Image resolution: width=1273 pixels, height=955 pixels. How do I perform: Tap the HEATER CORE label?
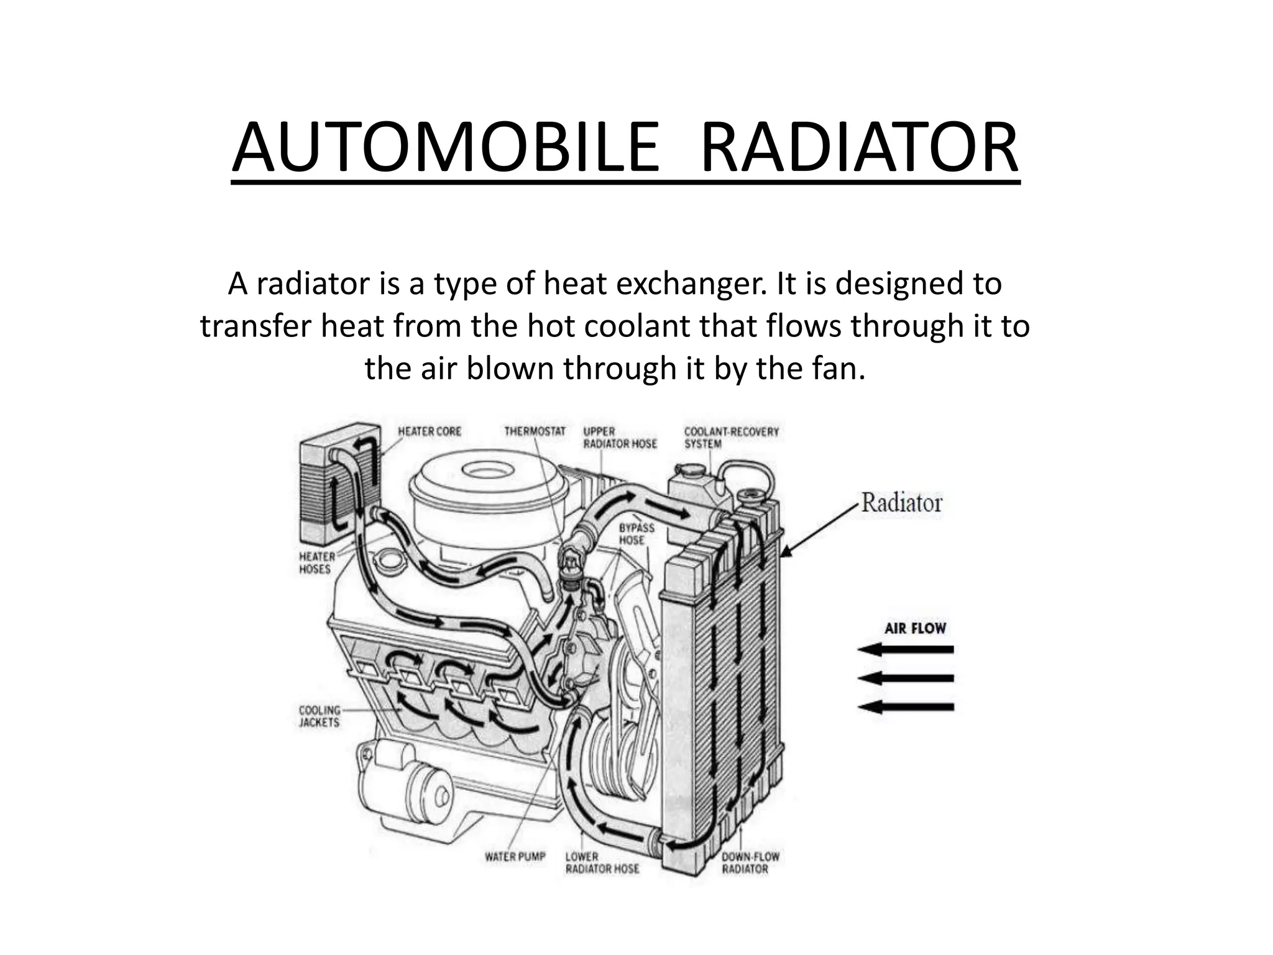click(430, 431)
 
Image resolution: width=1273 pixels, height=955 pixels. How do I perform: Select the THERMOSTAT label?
click(535, 431)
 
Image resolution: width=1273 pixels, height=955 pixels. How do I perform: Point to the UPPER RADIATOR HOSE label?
click(619, 437)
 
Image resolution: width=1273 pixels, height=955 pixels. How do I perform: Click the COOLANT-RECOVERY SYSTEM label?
click(731, 437)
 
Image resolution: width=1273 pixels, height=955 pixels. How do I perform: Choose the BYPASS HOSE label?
click(636, 533)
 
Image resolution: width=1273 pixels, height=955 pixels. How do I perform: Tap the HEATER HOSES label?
click(316, 563)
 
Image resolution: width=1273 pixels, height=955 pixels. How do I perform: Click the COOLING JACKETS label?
click(319, 716)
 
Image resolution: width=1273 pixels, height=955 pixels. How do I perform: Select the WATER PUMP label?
click(515, 857)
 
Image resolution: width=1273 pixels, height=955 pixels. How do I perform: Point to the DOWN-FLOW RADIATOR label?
click(750, 863)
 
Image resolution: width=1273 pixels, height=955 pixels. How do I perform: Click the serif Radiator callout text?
click(901, 502)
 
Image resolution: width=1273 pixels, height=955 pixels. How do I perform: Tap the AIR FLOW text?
click(915, 628)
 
